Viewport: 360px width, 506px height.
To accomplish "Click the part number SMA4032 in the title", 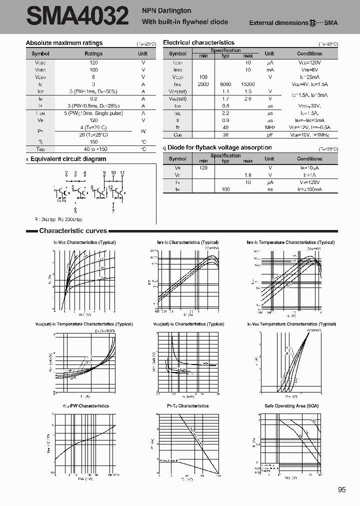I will click(x=77, y=16).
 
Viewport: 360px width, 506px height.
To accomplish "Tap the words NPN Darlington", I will click(x=166, y=10).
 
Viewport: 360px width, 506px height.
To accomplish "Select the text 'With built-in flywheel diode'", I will click(x=185, y=21).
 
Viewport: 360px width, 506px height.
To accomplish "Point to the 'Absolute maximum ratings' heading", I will click(x=64, y=43).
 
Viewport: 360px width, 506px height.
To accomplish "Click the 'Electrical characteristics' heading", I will click(x=198, y=43).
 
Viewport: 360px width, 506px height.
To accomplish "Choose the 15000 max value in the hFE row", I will click(x=247, y=84).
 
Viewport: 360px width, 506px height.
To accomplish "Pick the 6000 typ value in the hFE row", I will click(x=225, y=84).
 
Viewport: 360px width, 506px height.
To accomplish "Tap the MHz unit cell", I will click(x=269, y=127).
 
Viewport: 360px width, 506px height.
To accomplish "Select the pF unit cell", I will click(x=269, y=134).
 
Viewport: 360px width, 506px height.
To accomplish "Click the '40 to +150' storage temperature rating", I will click(x=93, y=149).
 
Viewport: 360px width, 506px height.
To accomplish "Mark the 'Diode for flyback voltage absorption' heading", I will click(x=219, y=147).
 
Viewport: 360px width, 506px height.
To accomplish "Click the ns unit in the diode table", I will click(x=269, y=189).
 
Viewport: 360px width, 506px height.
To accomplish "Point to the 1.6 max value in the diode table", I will click(x=247, y=175).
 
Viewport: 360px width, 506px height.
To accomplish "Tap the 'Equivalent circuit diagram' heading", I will click(x=68, y=159).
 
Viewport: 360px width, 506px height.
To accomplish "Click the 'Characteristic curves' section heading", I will click(x=73, y=231).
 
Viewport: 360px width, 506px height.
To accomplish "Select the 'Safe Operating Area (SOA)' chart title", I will click(x=291, y=405).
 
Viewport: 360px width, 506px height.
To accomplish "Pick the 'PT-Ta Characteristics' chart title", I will click(x=188, y=405).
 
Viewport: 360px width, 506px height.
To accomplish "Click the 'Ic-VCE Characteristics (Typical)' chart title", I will click(x=84, y=242).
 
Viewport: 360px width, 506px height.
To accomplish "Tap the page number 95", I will click(x=342, y=490).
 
